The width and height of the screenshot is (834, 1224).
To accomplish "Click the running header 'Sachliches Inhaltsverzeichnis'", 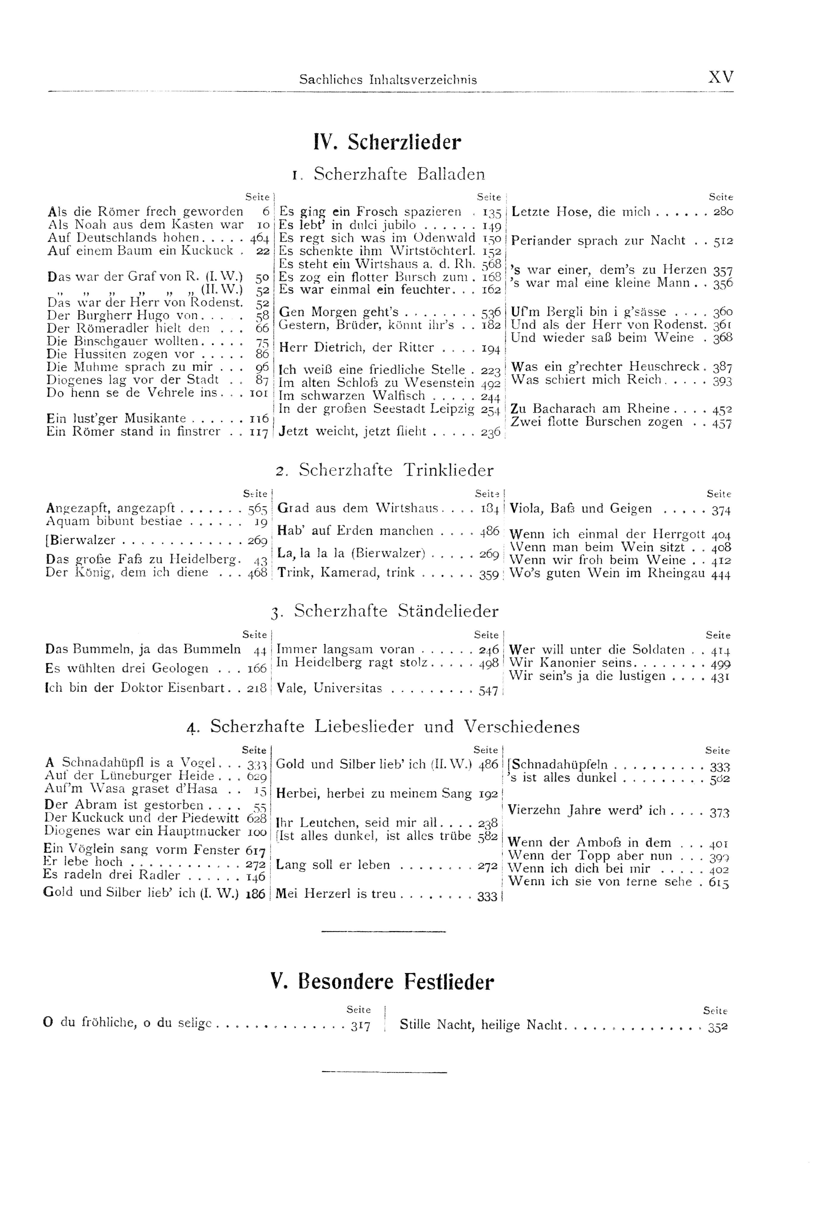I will [x=388, y=80].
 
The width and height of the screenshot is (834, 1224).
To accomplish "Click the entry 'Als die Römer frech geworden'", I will [x=145, y=212].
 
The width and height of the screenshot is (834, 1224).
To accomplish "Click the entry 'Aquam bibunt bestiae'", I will [x=114, y=522].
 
